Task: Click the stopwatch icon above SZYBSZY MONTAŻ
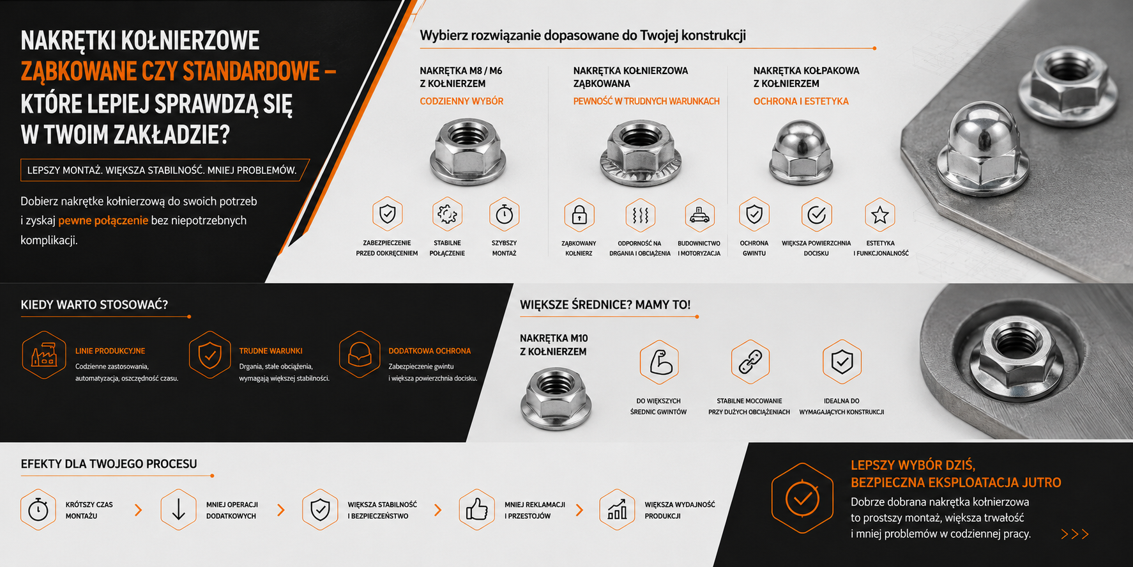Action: (x=505, y=214)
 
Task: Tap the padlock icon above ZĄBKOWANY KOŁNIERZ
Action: (x=579, y=215)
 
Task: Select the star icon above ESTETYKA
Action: (x=880, y=215)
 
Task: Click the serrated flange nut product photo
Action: (x=641, y=153)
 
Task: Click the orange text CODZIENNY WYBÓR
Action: (x=461, y=101)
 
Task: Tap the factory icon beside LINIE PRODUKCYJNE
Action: (x=44, y=355)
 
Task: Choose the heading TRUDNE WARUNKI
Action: (x=271, y=351)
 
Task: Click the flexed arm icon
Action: (x=660, y=362)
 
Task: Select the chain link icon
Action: (x=750, y=362)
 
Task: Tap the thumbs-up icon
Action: (x=476, y=509)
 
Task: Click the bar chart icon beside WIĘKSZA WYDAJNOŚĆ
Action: (x=617, y=509)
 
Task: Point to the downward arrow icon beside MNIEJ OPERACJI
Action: (x=178, y=509)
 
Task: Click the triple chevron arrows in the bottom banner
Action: (x=1074, y=534)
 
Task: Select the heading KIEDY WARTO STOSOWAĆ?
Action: (x=95, y=305)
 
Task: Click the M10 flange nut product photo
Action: (x=556, y=399)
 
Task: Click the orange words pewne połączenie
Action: (x=103, y=221)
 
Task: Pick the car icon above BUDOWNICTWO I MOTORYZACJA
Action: (x=699, y=215)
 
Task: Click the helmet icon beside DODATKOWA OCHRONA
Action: (x=360, y=355)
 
